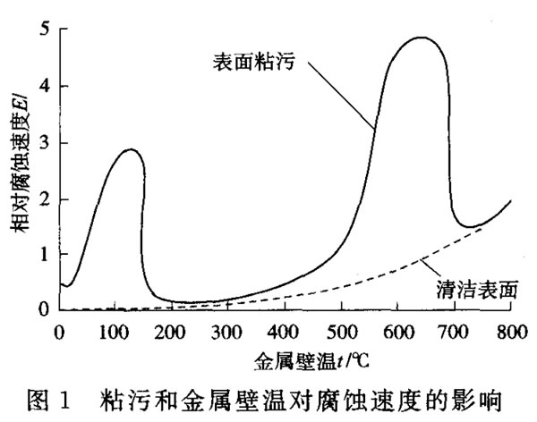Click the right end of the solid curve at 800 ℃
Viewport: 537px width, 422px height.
coord(510,201)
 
